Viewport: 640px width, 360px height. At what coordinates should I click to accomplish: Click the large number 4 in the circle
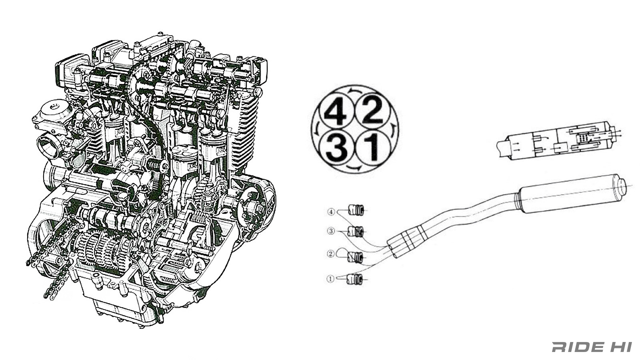point(335,112)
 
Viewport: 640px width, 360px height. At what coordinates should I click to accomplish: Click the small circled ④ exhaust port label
point(331,212)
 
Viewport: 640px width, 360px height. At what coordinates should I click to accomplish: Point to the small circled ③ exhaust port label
point(331,231)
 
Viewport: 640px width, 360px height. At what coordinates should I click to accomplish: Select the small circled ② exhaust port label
point(331,254)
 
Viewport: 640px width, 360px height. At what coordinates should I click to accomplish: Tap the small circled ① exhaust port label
point(330,279)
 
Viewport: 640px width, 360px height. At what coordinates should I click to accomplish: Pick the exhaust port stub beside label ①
point(355,279)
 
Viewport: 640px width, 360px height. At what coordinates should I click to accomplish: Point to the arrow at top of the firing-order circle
point(354,92)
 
